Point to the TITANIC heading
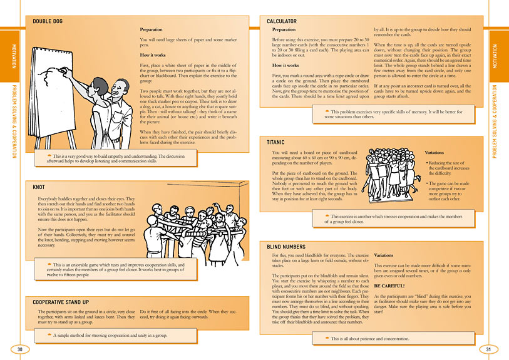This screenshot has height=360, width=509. coord(276,143)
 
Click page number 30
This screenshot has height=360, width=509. coord(19,349)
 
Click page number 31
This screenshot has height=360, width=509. coord(489,349)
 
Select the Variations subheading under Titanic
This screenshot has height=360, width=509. coord(437,153)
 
